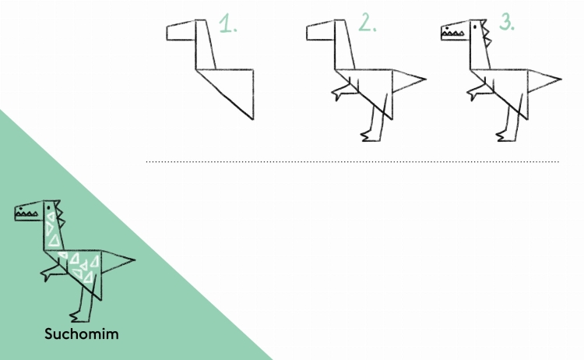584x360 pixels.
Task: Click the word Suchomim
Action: (x=82, y=334)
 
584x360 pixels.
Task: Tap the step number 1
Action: (x=227, y=23)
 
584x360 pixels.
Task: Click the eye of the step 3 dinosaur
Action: (x=475, y=26)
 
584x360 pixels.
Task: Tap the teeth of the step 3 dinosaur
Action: (x=453, y=34)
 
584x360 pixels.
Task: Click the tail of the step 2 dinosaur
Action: (x=410, y=80)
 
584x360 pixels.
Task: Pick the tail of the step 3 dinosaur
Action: (x=544, y=80)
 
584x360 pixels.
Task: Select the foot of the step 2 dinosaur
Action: (x=371, y=136)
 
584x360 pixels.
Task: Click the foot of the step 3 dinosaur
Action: (x=506, y=136)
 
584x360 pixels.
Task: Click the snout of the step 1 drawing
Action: (x=181, y=30)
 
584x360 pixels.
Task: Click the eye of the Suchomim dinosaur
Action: (x=48, y=207)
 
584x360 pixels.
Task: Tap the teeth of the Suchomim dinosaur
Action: (x=26, y=214)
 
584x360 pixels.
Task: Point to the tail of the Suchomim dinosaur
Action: (x=118, y=261)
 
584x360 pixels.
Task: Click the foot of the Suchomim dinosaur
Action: (x=79, y=317)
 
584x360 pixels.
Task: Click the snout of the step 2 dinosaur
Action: (x=321, y=30)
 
